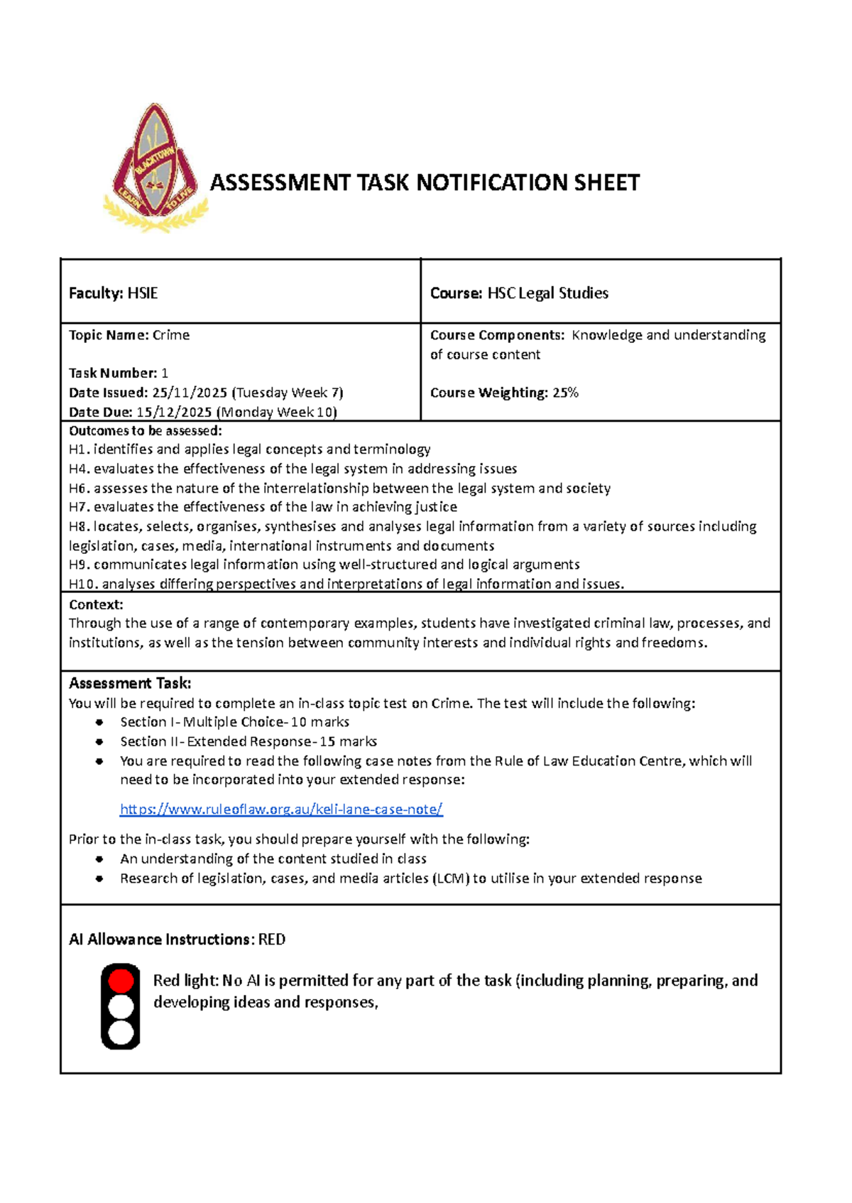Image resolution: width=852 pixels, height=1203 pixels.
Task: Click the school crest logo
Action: [x=156, y=168]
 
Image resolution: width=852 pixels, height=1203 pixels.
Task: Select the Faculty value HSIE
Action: [x=142, y=293]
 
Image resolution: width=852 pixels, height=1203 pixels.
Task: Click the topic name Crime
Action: [x=171, y=335]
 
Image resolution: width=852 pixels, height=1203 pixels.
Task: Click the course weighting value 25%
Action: [x=565, y=393]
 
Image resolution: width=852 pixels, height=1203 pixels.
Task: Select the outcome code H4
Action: [x=78, y=469]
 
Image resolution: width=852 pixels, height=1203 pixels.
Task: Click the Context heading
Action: [x=96, y=604]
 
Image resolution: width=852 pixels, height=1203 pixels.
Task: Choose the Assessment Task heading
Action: [x=130, y=683]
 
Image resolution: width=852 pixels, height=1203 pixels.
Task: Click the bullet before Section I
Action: [x=100, y=722]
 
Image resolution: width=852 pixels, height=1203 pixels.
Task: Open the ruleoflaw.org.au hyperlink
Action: [x=281, y=810]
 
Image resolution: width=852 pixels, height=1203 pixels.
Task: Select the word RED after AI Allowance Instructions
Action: [x=272, y=940]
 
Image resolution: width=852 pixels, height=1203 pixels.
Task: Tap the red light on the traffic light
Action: [x=121, y=981]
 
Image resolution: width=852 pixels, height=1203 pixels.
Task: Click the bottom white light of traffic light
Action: [x=121, y=1033]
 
